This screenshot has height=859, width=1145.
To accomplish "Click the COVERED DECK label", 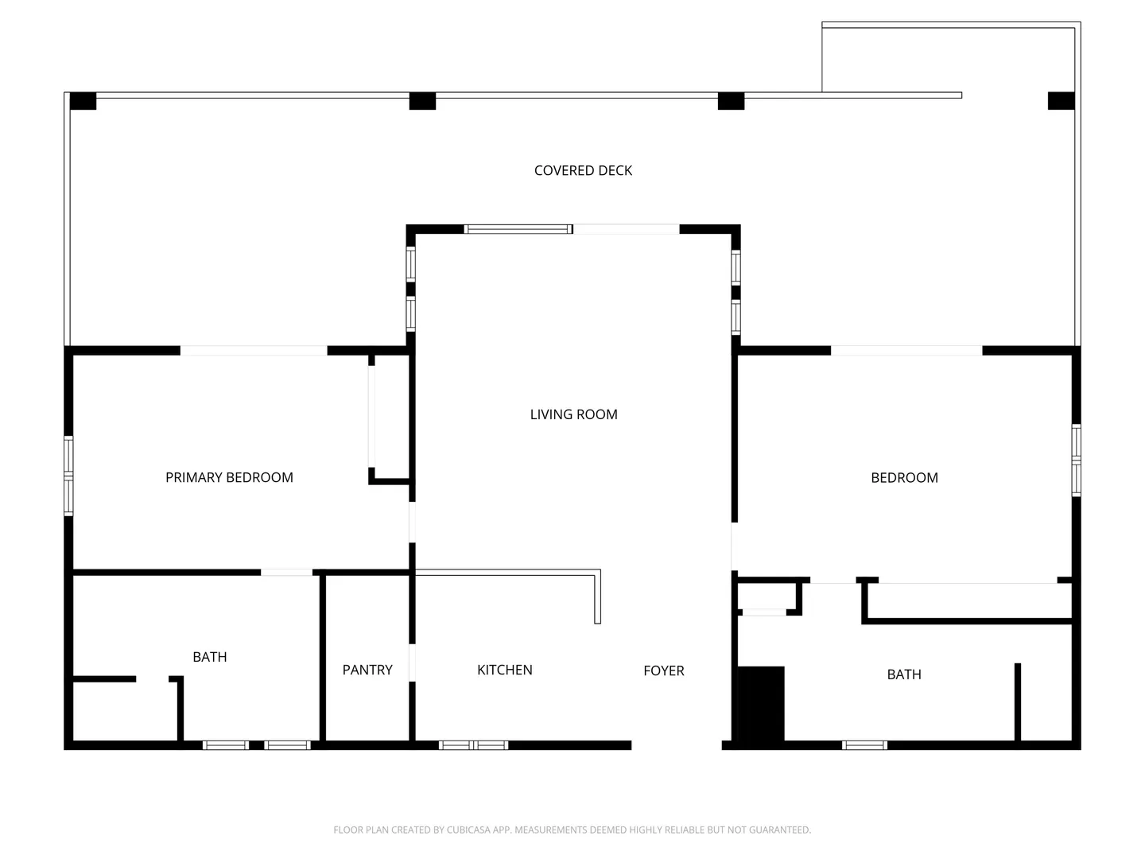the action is [583, 170].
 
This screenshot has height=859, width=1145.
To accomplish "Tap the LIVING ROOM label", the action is [573, 414].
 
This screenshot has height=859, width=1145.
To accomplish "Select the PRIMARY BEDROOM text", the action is [229, 477].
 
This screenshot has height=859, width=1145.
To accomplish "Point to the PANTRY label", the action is [367, 670].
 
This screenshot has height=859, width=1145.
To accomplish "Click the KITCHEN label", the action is [504, 670].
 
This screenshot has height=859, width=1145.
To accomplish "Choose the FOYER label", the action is [663, 670].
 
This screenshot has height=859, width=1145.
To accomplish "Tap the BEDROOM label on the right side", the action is [904, 478].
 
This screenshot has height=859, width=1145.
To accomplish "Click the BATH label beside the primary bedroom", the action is [210, 657].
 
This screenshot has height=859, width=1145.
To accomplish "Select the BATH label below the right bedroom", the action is [904, 674].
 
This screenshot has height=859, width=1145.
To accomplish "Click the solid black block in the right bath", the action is [760, 703].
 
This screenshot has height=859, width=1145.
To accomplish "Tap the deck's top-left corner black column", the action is [83, 101].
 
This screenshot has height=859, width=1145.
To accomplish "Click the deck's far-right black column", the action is [1061, 101].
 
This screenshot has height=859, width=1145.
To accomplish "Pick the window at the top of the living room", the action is [518, 229].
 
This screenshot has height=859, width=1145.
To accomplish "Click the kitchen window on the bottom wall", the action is [473, 744].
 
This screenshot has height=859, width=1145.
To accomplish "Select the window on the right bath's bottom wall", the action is [864, 744].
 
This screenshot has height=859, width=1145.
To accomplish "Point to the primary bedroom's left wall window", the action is [68, 476].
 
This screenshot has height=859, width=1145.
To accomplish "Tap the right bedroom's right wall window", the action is [1076, 460].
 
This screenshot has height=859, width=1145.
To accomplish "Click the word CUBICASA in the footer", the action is [468, 830].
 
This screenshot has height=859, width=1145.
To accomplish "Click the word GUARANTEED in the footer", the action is [780, 830].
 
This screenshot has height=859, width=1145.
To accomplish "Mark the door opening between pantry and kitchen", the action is [412, 663].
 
